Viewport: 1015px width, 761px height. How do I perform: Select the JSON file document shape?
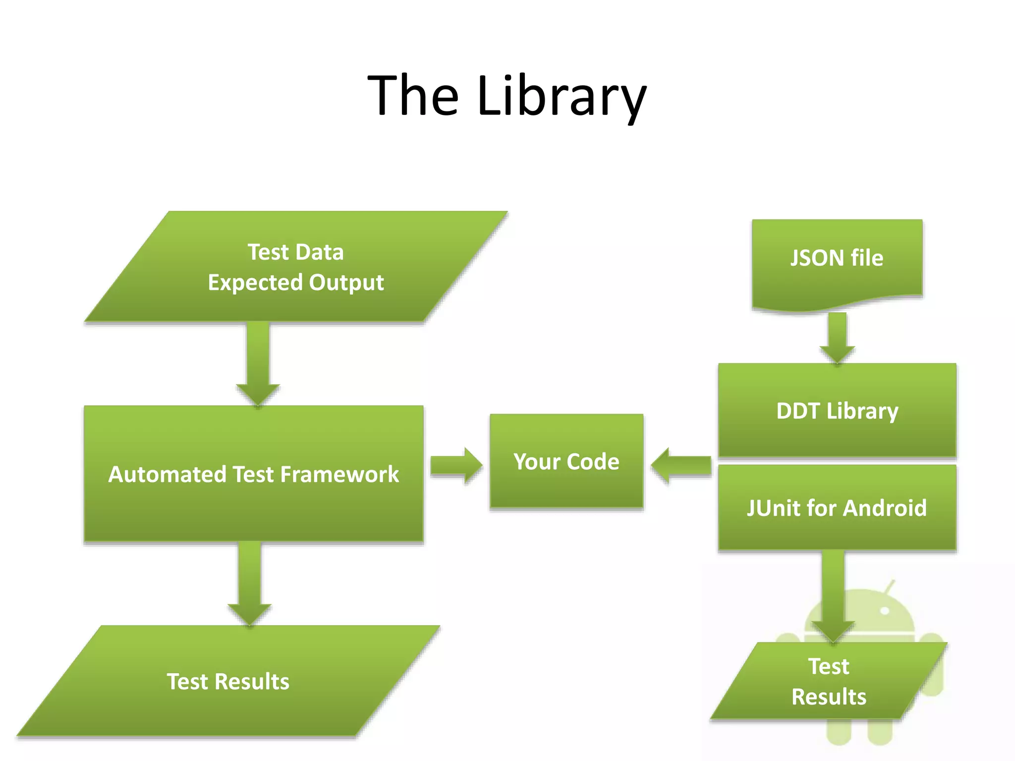pos(837,263)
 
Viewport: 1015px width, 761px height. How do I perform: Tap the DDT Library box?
pos(837,410)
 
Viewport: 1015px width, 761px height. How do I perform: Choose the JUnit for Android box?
pos(837,508)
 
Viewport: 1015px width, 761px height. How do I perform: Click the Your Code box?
pos(566,461)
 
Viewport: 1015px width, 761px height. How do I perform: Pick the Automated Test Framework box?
pos(254,474)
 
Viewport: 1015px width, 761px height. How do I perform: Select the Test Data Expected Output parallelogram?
pos(296,267)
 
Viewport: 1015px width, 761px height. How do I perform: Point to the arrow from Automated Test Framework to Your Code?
pos(455,466)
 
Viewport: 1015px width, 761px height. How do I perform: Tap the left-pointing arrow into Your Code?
pos(681,466)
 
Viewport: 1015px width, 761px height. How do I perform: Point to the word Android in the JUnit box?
pos(885,508)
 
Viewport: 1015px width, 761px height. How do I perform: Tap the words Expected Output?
pos(296,282)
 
